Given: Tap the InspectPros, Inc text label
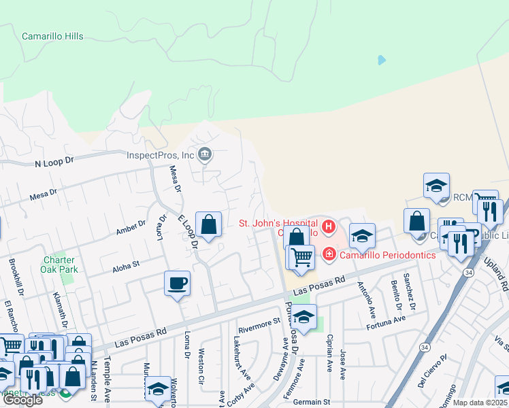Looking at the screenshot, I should [x=161, y=155].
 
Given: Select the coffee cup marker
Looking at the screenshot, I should [x=177, y=283].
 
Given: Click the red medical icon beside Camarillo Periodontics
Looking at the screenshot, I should [x=329, y=254].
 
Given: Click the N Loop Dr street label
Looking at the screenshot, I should [x=53, y=163].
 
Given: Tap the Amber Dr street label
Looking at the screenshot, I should [x=131, y=227].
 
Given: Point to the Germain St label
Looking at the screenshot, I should [x=311, y=402].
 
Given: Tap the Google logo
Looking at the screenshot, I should [x=22, y=399].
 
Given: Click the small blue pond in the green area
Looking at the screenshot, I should [x=381, y=61].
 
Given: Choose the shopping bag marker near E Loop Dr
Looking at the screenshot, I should [x=208, y=224].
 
